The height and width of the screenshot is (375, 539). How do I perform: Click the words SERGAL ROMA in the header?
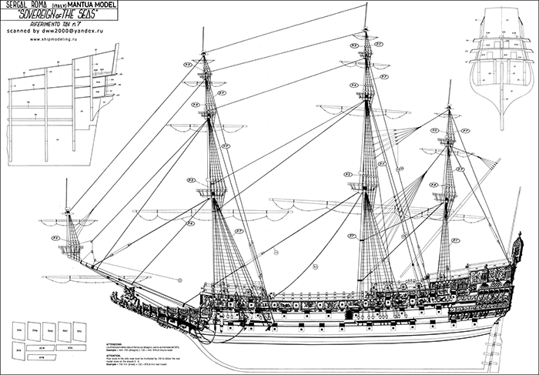28,6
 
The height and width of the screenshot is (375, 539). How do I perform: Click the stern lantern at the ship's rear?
523,245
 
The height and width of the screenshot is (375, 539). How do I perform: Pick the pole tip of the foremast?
202,44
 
